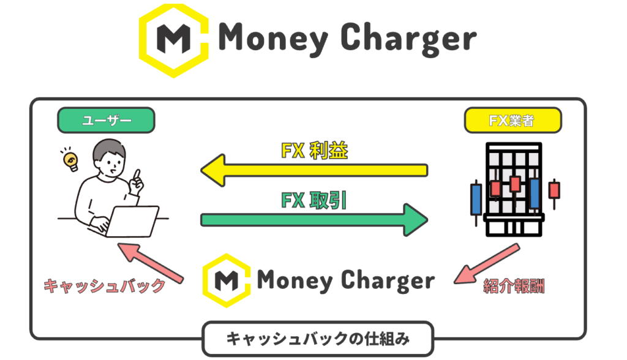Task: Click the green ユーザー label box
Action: [x=106, y=121]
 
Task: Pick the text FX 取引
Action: [x=313, y=200]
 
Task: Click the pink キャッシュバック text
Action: [x=105, y=286]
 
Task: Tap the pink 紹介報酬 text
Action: [x=514, y=286]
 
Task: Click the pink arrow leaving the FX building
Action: [x=487, y=264]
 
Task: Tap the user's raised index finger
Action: [x=137, y=175]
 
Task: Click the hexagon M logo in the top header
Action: [x=173, y=39]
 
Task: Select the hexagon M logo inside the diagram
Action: [x=227, y=281]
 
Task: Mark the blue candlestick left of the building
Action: [x=475, y=197]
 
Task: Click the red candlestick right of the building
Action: [x=554, y=190]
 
